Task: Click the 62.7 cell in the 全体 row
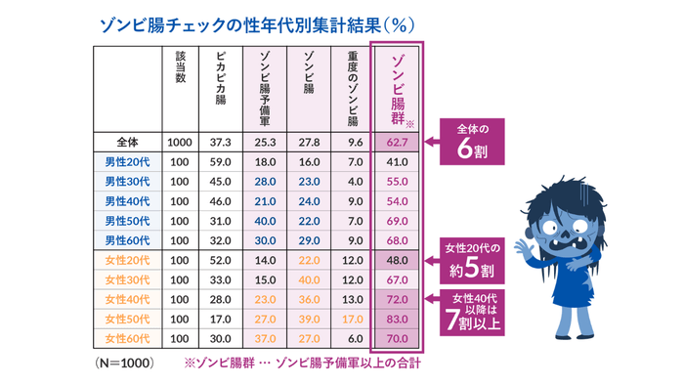click(x=397, y=143)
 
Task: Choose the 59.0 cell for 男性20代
click(x=221, y=162)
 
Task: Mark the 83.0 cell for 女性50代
click(x=397, y=320)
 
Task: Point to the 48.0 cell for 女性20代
click(x=397, y=261)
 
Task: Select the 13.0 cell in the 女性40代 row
click(x=354, y=300)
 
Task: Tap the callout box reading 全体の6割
click(x=479, y=142)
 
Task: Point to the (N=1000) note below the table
click(x=126, y=362)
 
